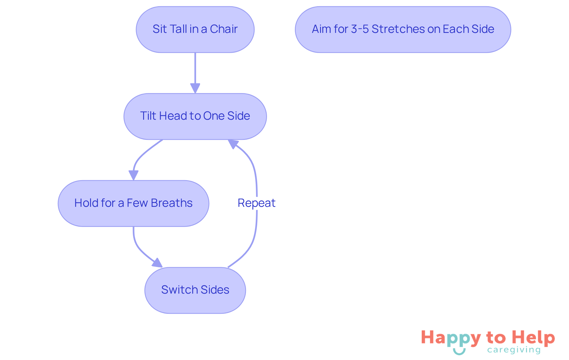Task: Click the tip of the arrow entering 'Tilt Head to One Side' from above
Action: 195,93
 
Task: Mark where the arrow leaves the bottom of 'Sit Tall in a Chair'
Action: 195,53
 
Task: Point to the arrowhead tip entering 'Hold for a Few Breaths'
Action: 133,180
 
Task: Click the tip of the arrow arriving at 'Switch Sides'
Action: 162,267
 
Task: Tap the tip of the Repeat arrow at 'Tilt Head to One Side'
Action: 228,140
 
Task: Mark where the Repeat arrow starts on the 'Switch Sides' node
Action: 228,267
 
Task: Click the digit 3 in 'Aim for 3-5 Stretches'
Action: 354,29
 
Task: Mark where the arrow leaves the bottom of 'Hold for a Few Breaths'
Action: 133,227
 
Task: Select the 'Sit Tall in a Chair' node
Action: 195,30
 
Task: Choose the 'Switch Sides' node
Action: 195,290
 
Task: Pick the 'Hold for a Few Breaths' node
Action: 133,204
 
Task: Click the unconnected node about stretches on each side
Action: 403,30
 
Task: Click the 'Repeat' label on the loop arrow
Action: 257,203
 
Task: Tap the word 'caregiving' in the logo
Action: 514,350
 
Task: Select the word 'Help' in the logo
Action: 533,338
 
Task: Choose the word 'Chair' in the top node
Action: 224,29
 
